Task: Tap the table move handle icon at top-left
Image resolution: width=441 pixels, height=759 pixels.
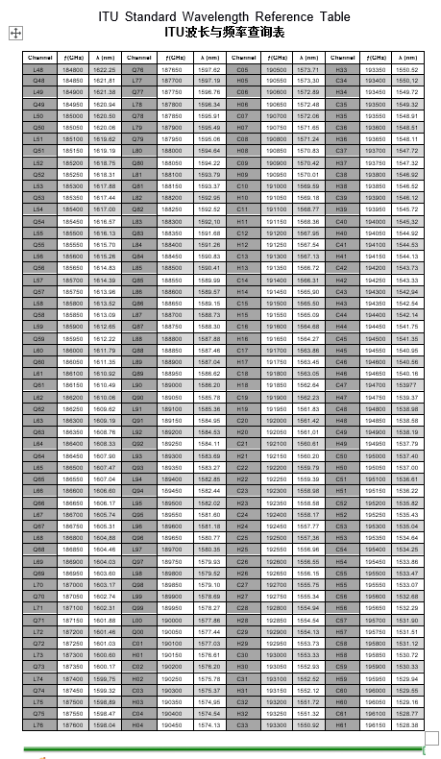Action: (x=15, y=34)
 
